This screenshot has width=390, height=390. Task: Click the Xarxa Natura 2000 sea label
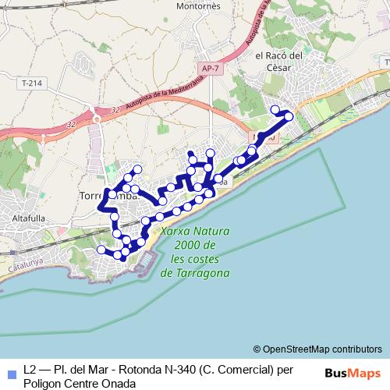coord(194,253)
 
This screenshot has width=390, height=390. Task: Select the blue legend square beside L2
coord(10,374)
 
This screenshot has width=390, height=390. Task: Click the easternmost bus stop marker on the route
coord(289,116)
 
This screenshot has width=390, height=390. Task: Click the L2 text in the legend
coord(30,369)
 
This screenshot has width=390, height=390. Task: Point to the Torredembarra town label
coord(109,196)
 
